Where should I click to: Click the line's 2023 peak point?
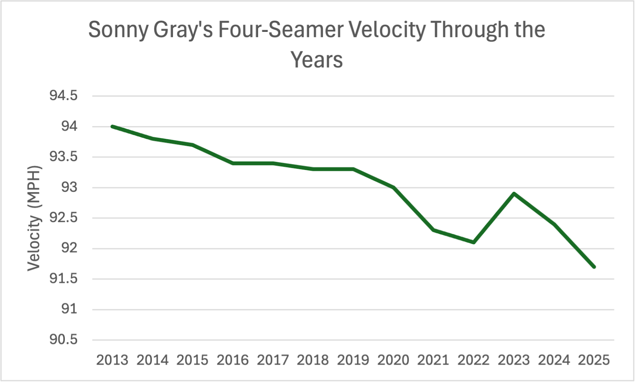pyautogui.click(x=514, y=194)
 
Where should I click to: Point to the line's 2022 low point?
pyautogui.click(x=474, y=242)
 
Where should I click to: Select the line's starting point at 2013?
pyautogui.click(x=112, y=126)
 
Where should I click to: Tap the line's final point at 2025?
pyautogui.click(x=594, y=267)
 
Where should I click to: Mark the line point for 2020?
pyautogui.click(x=394, y=187)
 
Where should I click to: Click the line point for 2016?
pyautogui.click(x=233, y=163)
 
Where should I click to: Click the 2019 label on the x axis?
pyautogui.click(x=353, y=360)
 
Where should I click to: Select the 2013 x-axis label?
pyautogui.click(x=112, y=360)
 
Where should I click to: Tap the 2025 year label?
pyautogui.click(x=594, y=360)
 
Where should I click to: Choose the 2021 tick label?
pyautogui.click(x=433, y=360)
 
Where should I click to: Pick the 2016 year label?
pyautogui.click(x=233, y=360)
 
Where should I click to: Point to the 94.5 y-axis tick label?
pyautogui.click(x=63, y=96)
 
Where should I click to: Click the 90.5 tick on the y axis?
pyautogui.click(x=63, y=340)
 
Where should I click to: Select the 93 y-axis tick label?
pyautogui.click(x=69, y=187)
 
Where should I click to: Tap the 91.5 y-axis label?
pyautogui.click(x=63, y=279)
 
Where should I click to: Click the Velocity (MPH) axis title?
pyautogui.click(x=34, y=218)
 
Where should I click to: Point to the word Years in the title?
pyautogui.click(x=316, y=60)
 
